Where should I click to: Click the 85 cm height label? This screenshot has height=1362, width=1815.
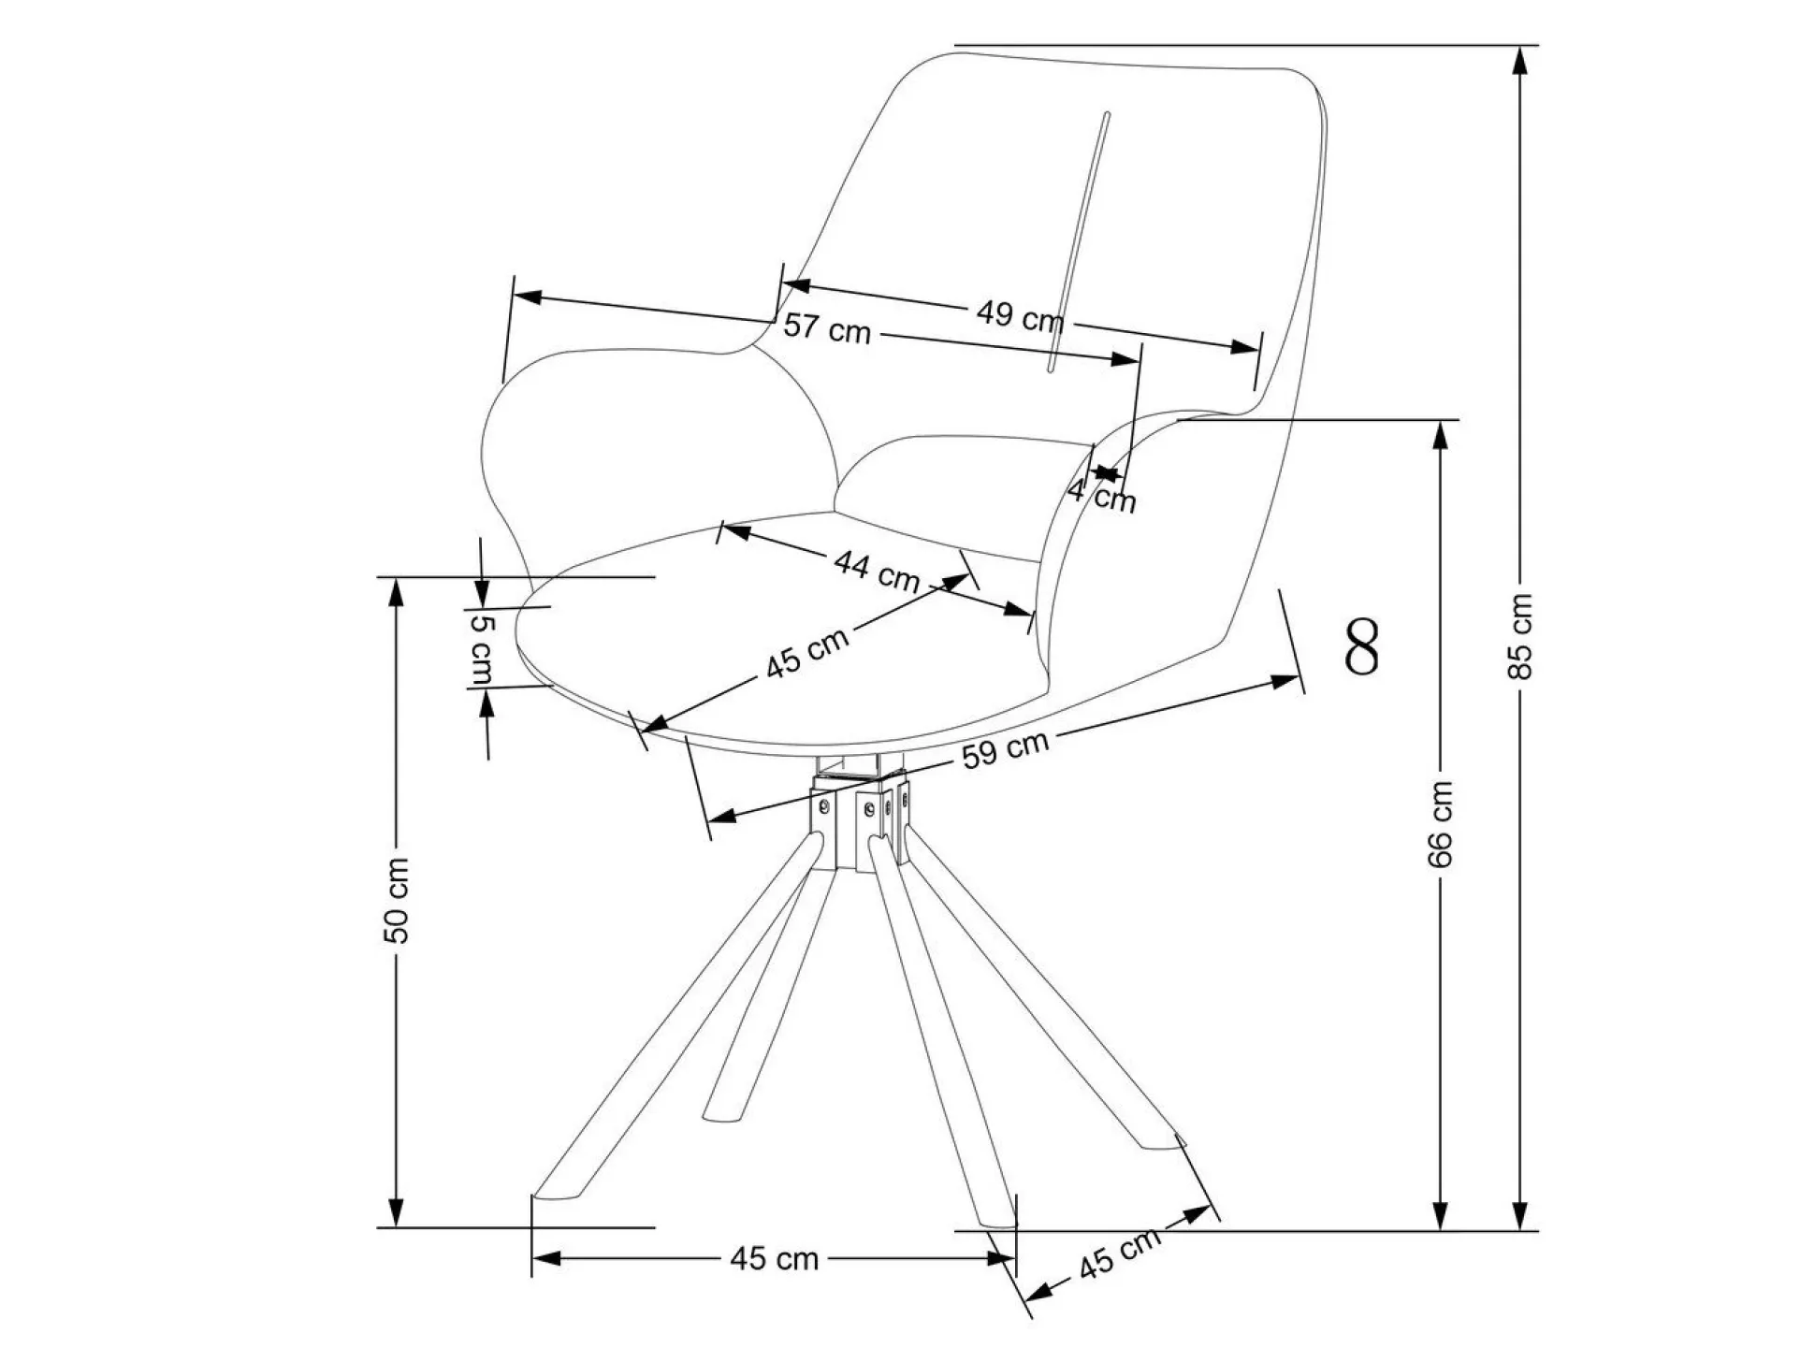click(1522, 635)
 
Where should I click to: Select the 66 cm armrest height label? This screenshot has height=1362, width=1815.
click(1442, 824)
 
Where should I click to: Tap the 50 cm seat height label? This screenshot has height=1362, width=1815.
click(397, 900)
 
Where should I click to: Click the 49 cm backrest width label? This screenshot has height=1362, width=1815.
click(1020, 315)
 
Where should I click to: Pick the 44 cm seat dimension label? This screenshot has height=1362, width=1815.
click(877, 571)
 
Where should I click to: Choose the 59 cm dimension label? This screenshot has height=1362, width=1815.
click(1006, 749)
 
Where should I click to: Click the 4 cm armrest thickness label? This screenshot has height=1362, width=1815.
click(1102, 495)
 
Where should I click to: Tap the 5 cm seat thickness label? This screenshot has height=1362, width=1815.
click(481, 648)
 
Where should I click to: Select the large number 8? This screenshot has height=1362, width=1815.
click(1362, 646)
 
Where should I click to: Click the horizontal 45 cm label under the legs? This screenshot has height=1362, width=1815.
click(774, 1259)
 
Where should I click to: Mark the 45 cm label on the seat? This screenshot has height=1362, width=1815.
click(807, 652)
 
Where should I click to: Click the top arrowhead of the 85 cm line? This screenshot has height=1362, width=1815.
click(1521, 58)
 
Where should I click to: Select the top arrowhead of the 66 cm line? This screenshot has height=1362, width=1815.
click(1443, 433)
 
